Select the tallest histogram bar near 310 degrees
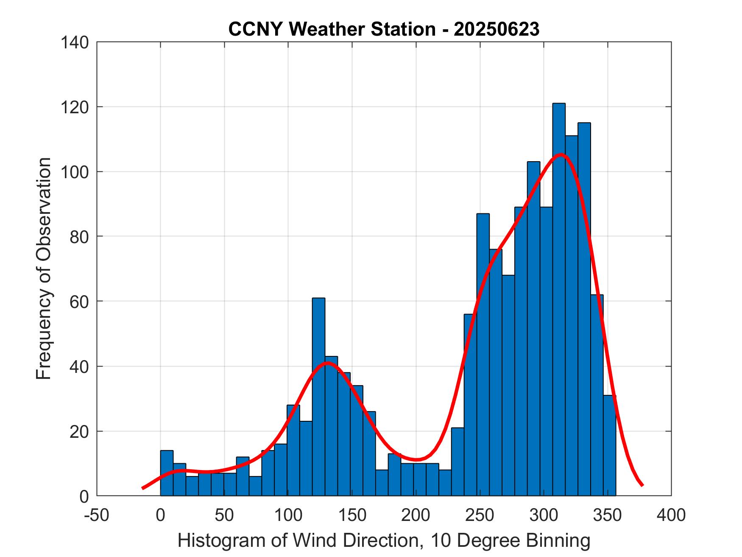tap(559, 297)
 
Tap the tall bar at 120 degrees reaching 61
tap(318, 395)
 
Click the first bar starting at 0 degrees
tap(167, 473)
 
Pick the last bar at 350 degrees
tap(610, 445)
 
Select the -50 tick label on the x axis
tap(97, 515)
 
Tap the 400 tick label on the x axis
tap(671, 515)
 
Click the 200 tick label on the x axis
tap(416, 515)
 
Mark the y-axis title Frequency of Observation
tap(44, 269)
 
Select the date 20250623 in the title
tap(497, 29)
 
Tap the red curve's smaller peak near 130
tap(326, 363)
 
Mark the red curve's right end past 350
tap(642, 484)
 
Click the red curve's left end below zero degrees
tap(143, 488)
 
